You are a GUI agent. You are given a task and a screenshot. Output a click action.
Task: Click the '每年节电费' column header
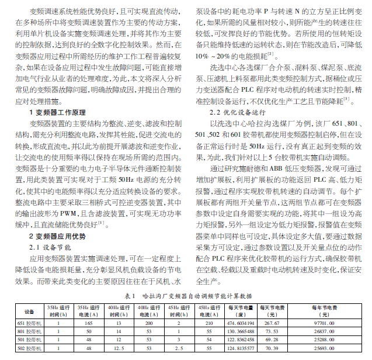(325, 310)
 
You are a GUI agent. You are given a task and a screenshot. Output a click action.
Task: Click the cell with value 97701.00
(325, 323)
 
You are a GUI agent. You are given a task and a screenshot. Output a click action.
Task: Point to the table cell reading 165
(89, 323)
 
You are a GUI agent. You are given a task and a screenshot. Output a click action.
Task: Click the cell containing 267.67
(272, 323)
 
